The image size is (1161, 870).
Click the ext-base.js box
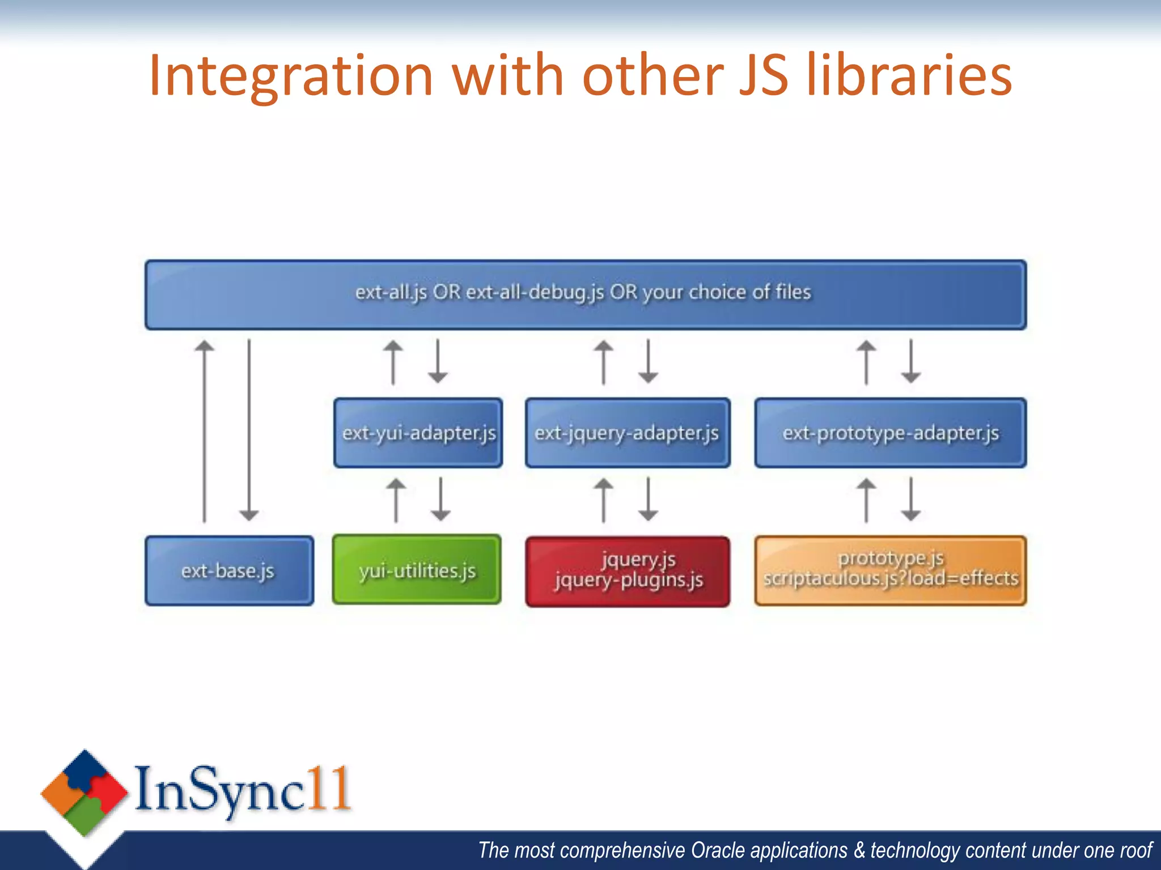229,571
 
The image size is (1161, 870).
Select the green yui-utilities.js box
417,570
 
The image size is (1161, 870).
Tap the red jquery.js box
628,571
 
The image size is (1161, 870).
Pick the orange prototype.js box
890,570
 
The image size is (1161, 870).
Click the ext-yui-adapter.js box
418,433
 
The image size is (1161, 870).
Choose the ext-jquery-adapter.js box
628,433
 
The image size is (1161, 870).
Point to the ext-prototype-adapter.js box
890,433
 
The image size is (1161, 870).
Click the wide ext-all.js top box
585,295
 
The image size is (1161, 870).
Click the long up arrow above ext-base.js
205,430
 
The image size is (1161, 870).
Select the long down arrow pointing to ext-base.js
249,430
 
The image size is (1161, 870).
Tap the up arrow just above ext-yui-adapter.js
393,362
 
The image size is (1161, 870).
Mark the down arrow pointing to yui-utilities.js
440,499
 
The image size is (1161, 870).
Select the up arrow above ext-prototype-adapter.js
866,362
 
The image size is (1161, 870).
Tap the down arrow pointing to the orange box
911,499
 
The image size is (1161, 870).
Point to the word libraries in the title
909,75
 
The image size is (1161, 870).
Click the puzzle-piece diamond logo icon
84,792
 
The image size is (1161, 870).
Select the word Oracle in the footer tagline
720,850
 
